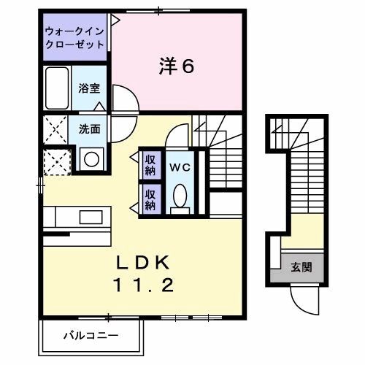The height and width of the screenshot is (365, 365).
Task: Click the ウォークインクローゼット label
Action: (74, 37)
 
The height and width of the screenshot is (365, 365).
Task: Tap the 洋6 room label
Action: (176, 67)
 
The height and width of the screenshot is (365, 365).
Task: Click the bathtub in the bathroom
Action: (56, 87)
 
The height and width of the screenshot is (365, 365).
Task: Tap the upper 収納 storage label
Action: (150, 165)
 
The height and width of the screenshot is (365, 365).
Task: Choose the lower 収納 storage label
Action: (150, 199)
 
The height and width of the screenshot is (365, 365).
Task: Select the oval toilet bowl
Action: (180, 194)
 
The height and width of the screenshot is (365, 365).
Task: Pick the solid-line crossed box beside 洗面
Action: (55, 129)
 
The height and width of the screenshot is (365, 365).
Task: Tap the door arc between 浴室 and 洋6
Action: (120, 99)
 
